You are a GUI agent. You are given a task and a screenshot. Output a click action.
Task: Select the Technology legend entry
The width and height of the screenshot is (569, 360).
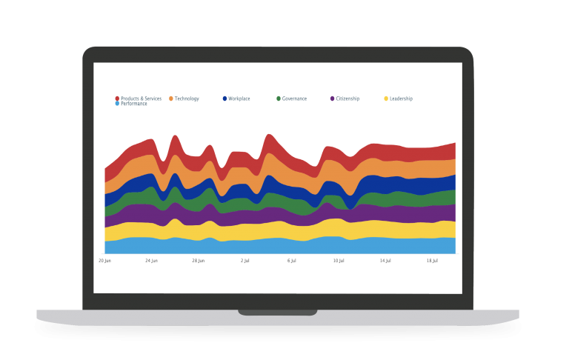(x=186, y=99)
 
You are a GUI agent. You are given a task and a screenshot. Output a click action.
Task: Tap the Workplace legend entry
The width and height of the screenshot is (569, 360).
(x=239, y=99)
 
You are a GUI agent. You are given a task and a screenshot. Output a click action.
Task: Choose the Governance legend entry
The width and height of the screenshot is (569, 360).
(x=293, y=99)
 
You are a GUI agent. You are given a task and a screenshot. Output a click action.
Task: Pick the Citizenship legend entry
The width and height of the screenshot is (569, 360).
(x=347, y=99)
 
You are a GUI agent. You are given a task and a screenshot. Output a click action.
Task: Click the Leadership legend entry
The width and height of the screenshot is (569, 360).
(x=400, y=99)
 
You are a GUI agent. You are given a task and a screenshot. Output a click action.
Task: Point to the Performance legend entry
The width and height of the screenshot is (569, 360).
(x=133, y=104)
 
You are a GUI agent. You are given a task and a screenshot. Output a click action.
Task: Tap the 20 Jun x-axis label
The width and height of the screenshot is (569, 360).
(x=105, y=261)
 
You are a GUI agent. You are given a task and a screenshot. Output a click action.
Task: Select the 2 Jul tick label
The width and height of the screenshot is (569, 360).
(x=245, y=261)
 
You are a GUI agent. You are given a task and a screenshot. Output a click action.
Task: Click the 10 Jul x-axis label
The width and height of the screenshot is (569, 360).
(x=339, y=261)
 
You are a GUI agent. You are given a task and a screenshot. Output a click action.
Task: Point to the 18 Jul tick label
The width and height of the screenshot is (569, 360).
(x=432, y=261)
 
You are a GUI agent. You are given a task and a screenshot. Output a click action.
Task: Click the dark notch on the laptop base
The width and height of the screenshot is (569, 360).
(x=278, y=312)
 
